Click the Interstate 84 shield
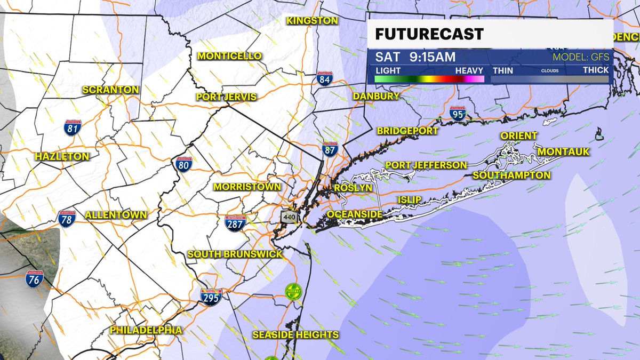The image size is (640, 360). click(x=323, y=78)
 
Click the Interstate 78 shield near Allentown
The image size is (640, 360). click(x=67, y=218)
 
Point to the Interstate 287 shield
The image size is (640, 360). click(x=235, y=223)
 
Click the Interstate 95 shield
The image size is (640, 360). click(x=457, y=113)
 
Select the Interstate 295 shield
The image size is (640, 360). click(x=210, y=297)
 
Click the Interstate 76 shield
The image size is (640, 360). click(x=34, y=278)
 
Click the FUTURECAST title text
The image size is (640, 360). click(x=429, y=35)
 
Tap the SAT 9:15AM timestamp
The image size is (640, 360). click(x=415, y=57)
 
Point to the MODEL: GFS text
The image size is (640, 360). click(x=580, y=57)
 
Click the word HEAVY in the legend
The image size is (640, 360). click(x=469, y=70)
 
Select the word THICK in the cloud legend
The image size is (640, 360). click(x=596, y=70)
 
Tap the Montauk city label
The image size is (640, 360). click(x=563, y=152)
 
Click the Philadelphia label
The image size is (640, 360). click(x=146, y=330)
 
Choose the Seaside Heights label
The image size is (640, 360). click(x=295, y=335)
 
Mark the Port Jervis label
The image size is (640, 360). click(x=226, y=97)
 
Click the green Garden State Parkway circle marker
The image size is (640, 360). click(x=293, y=291)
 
